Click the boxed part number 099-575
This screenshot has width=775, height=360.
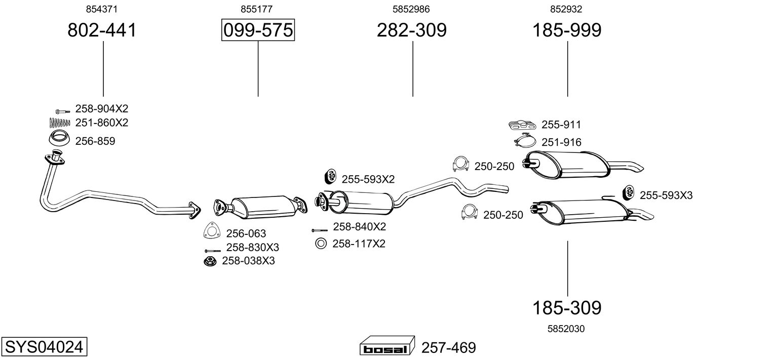click(258, 30)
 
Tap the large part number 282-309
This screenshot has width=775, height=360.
click(411, 30)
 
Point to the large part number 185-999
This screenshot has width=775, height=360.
click(566, 30)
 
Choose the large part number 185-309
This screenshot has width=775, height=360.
click(566, 307)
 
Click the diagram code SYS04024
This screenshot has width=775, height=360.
click(44, 347)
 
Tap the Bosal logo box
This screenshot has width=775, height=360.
click(386, 347)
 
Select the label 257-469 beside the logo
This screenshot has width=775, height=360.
click(448, 348)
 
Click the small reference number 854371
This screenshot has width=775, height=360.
click(102, 9)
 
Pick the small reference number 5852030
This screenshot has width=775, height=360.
click(566, 329)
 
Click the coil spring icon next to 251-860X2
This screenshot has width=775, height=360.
click(60, 122)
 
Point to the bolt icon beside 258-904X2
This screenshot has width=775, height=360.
click(61, 110)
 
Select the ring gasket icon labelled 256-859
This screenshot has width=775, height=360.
click(59, 137)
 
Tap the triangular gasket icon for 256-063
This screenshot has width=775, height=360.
click(212, 230)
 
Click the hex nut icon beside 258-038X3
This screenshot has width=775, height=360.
click(209, 261)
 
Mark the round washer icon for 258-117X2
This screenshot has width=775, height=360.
click(321, 244)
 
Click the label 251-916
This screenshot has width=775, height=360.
click(561, 142)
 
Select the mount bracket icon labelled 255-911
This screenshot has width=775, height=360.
click(521, 125)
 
